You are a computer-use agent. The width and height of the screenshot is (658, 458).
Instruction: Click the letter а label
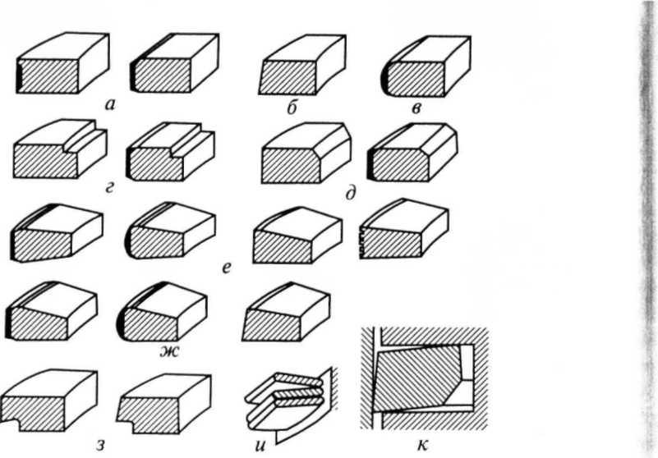point(109,105)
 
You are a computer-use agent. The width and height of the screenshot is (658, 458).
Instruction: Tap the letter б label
point(292,108)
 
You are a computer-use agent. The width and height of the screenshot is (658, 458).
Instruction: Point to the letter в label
point(416,108)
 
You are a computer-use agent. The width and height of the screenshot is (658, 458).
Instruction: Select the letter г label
point(109,187)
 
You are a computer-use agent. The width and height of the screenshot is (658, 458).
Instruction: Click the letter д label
point(351,194)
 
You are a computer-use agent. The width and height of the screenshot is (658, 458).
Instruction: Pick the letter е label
point(227,268)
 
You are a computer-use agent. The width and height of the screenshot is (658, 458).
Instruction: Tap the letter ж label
point(168,351)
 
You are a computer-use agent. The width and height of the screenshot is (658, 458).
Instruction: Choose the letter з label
point(100,445)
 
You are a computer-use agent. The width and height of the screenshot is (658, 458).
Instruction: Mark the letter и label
point(260,446)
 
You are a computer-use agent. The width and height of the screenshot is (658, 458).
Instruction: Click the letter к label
point(422,445)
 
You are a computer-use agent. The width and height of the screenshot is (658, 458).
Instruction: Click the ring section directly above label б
point(302,64)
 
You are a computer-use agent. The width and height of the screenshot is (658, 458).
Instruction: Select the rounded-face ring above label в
point(426,66)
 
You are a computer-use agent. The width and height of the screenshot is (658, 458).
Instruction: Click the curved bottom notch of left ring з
point(12,423)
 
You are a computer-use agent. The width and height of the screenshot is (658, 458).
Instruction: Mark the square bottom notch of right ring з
point(125,424)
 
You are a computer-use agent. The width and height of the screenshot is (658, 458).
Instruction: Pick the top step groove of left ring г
point(84,136)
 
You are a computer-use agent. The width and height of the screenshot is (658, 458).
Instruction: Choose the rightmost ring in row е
point(403,229)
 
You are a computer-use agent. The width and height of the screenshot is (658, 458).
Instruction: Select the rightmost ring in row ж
point(286,312)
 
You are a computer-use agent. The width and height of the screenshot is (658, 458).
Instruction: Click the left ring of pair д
point(306,153)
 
